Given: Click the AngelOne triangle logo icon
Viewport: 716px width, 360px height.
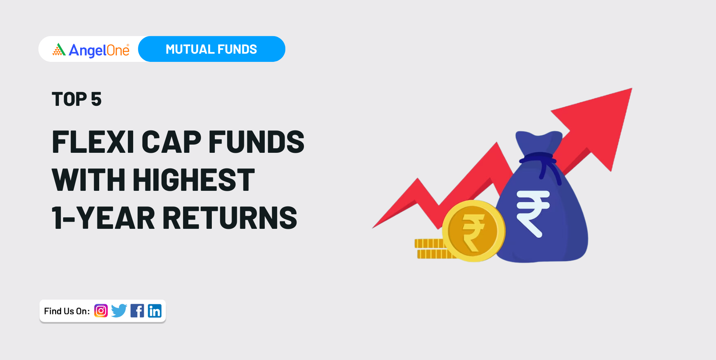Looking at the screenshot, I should coord(59,50).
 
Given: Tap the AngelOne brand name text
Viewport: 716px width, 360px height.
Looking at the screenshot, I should coord(99,50).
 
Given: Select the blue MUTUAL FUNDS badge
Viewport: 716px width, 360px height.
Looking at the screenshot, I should coord(211,49).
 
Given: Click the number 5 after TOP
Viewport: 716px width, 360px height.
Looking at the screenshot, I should coord(96,99).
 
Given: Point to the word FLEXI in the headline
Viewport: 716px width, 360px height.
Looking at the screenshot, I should coord(93,142).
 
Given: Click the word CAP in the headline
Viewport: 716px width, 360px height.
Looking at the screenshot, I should coord(172,142).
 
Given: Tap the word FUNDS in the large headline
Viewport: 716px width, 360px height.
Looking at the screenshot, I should coord(256,142).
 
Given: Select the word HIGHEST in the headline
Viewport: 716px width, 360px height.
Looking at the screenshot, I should coord(194,180).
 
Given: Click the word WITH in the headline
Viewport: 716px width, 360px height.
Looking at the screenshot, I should coord(88,180).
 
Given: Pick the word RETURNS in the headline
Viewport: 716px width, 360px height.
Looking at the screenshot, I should coord(230,218).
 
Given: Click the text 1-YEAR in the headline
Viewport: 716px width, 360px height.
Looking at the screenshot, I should coord(103,218).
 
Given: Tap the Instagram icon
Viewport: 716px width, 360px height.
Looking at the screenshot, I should coord(101,311).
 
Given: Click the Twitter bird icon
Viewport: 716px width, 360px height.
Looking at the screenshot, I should coord(119,311).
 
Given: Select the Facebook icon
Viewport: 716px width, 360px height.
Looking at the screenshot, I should coord(137,311).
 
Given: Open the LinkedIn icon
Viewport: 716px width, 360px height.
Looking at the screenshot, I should coord(155,311).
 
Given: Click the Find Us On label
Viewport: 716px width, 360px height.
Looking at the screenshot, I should coord(67,311).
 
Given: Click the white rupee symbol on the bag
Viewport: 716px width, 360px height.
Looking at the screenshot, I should coord(533,212).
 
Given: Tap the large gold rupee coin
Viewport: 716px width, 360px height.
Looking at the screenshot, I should coord(474,231).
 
